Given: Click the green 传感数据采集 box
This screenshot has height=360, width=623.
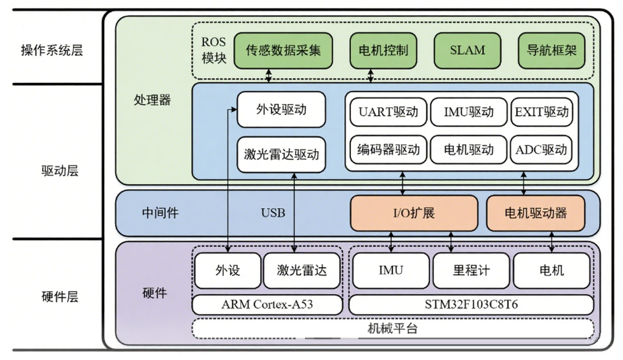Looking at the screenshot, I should (283, 50).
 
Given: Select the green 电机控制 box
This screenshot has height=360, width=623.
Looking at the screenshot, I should (383, 50).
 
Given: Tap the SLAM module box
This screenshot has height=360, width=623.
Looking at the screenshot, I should (467, 50).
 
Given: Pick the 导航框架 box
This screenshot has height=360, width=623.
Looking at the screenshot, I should (552, 50).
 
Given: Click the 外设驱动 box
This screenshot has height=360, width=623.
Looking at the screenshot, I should (281, 110).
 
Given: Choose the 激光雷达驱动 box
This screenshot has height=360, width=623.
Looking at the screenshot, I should (281, 155).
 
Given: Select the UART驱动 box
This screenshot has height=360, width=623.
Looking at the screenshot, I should (389, 112).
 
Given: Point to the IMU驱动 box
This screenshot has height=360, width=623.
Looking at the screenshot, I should (468, 112).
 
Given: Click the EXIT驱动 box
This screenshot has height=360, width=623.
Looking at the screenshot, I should (541, 112).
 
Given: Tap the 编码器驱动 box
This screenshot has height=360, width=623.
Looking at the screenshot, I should (389, 149).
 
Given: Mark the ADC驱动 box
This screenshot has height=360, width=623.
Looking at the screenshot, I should (541, 149).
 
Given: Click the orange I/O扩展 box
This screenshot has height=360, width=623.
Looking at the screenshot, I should (414, 213).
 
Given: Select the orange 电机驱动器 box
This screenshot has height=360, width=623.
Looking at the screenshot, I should (535, 213).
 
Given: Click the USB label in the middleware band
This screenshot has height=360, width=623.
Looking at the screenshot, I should (273, 213).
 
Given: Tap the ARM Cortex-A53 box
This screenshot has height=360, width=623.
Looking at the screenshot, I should (268, 305).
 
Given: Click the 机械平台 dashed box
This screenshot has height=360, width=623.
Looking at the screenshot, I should (393, 328).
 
